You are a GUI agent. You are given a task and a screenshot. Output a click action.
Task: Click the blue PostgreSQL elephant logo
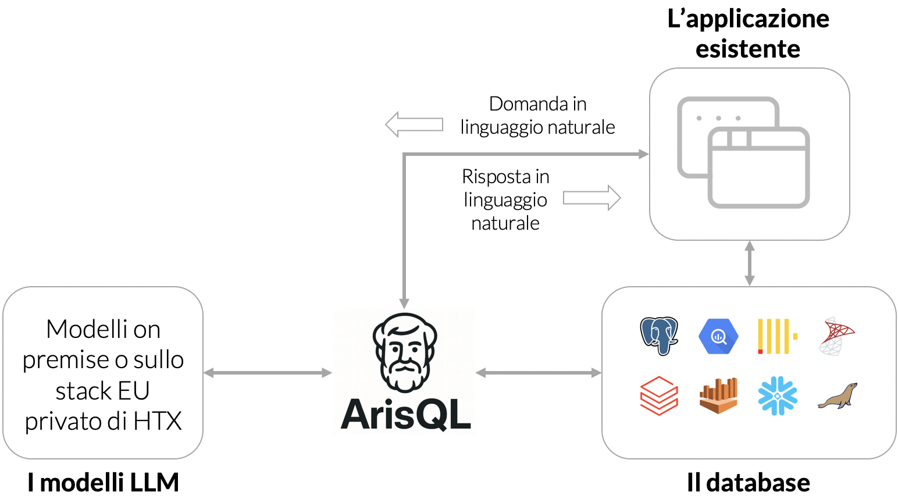point(659,336)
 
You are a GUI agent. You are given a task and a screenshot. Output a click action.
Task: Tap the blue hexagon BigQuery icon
point(718,336)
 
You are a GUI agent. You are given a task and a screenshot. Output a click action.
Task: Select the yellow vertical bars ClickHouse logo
point(776,336)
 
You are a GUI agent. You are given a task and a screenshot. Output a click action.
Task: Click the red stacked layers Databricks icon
point(659,395)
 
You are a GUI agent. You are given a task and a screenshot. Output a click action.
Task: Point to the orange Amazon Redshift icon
point(718,395)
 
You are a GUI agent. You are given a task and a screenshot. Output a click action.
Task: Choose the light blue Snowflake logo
point(778,395)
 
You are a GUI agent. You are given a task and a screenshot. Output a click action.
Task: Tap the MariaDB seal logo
point(838,396)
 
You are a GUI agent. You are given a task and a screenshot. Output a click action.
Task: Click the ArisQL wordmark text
point(405,415)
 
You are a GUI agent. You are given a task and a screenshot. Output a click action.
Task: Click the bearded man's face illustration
point(405,352)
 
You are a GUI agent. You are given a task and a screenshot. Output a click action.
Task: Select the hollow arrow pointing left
point(414,124)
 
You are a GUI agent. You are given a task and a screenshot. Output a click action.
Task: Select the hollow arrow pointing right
point(592,198)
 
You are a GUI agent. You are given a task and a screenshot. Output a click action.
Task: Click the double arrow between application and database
point(749,263)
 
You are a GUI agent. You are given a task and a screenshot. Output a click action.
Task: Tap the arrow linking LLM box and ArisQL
point(268,373)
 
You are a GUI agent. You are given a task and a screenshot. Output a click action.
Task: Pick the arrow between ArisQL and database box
point(538,373)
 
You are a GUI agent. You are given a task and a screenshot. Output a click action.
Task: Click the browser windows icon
point(744,152)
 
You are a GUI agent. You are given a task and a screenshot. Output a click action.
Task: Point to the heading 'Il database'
point(748,483)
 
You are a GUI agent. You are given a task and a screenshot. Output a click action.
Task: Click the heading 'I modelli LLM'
point(103,483)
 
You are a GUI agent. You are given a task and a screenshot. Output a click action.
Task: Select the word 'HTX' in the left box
point(158,421)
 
